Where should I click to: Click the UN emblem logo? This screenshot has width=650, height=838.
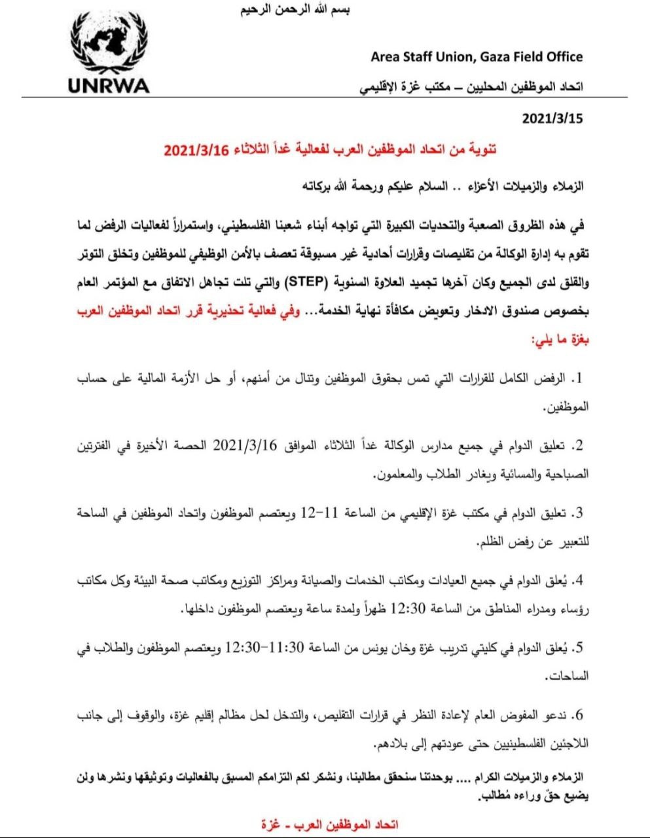coord(108,44)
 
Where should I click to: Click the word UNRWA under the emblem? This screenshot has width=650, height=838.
coord(108,86)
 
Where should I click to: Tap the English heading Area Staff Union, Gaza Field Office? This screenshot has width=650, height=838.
coord(477,57)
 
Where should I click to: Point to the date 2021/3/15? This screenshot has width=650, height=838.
coord(552,119)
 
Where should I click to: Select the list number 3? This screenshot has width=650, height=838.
coord(578,513)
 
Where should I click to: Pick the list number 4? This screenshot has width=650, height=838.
coord(578,580)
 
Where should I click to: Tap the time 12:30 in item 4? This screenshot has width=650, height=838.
coord(408,608)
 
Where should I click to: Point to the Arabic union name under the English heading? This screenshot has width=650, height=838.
coord(470,86)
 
